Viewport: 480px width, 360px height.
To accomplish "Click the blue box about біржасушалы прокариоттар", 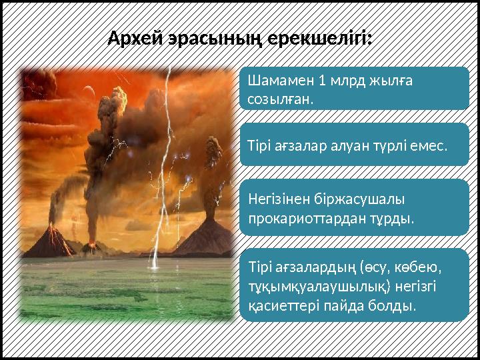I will [353, 207].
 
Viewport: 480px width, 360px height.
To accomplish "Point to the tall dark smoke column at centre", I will [107, 140].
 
